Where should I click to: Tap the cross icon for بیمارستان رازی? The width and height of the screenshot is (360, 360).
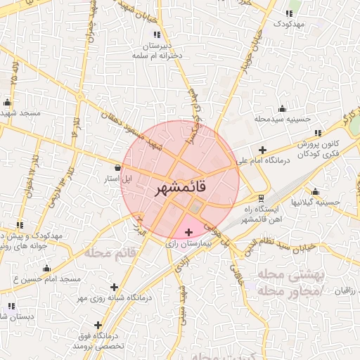188,232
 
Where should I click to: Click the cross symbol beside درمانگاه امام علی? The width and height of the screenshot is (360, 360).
262,150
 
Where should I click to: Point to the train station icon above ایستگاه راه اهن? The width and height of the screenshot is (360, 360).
261,198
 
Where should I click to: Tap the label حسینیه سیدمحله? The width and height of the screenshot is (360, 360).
283,120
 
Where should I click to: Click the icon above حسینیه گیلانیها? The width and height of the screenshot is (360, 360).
315,192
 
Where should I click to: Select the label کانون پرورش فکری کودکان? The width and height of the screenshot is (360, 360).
319,148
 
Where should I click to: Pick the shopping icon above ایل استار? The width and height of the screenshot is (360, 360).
117,167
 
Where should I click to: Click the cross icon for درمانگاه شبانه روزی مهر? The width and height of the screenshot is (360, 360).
114,287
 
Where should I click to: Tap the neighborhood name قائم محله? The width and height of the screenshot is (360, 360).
109,252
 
